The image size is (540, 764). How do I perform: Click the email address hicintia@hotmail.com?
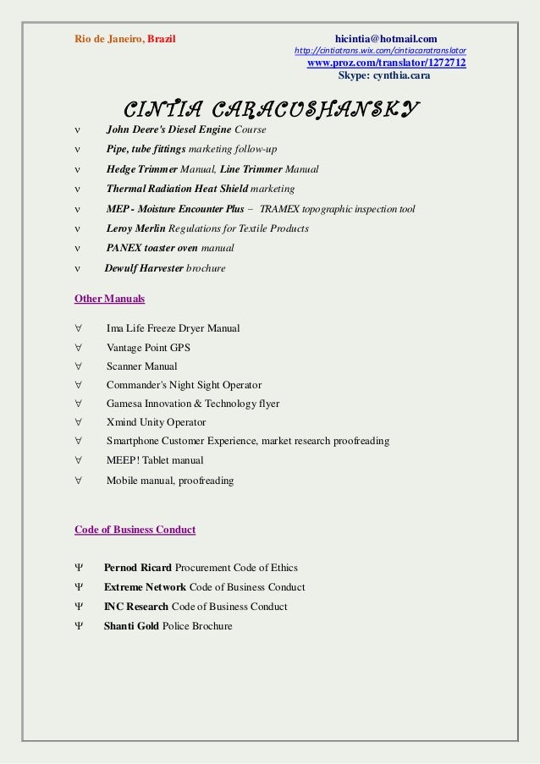click(385, 38)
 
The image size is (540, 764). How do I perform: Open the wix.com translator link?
click(379, 51)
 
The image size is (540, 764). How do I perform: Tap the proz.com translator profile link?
click(386, 63)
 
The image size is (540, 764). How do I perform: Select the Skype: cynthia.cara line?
click(384, 75)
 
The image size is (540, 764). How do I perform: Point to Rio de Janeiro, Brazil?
click(125, 38)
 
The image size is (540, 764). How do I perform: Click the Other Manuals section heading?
click(109, 299)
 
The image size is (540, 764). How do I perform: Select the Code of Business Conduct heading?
click(135, 530)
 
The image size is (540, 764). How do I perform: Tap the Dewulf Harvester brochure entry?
click(165, 268)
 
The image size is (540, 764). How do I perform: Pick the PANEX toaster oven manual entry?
click(170, 248)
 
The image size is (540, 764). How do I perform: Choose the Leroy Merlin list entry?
click(207, 228)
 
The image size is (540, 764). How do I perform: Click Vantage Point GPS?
click(148, 348)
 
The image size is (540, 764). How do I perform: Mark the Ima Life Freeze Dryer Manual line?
click(173, 328)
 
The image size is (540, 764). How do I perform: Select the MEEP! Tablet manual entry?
click(155, 460)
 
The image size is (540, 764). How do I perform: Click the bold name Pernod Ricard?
click(138, 568)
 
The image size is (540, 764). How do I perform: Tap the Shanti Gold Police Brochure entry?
click(168, 626)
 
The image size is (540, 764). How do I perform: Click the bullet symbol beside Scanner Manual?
click(78, 366)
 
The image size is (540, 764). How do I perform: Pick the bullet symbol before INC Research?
click(78, 607)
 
